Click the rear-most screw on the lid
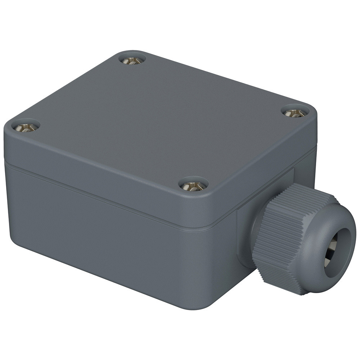pos(132,60)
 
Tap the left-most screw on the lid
pos(26,127)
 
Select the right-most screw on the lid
pos(295,113)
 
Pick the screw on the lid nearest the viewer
pos(193,186)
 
